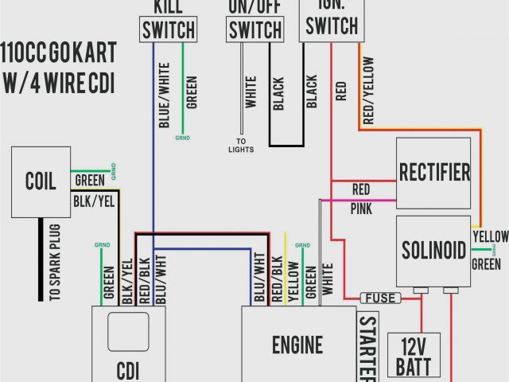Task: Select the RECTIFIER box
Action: [x=433, y=172]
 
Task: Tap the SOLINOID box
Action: [x=433, y=250]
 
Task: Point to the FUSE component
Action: [x=381, y=298]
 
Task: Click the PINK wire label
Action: [x=360, y=209]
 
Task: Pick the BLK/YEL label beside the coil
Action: [x=94, y=203]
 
